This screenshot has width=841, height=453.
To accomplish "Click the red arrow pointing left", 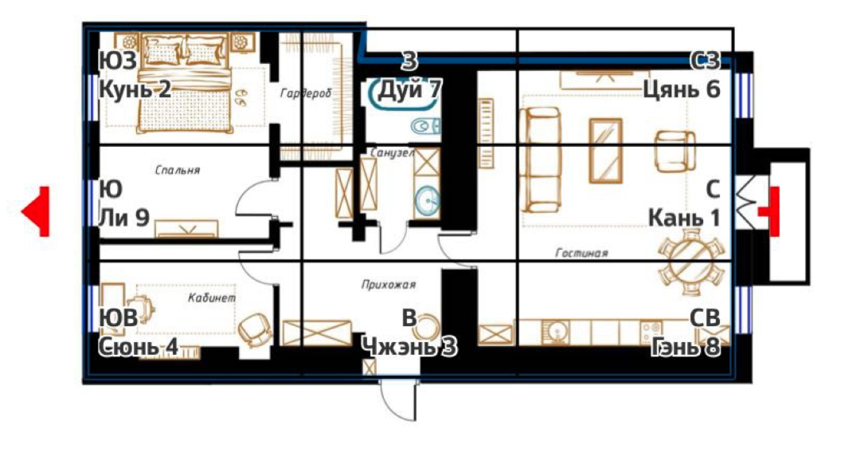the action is [37, 211].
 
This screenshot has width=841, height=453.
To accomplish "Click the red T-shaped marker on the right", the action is [771, 211].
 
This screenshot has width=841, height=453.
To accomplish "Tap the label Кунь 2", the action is [135, 89].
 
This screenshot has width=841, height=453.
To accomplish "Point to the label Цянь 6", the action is [682, 89].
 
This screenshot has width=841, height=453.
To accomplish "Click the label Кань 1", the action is [684, 218].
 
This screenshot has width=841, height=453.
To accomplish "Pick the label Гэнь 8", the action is [686, 347].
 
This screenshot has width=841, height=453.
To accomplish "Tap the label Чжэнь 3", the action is [409, 347].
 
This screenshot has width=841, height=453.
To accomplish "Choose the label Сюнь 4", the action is [138, 347].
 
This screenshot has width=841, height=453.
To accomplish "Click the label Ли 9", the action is [124, 218].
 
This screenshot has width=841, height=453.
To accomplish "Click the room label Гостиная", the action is [582, 253].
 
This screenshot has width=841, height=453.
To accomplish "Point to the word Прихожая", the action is [389, 284].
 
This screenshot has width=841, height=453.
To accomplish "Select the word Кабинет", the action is [211, 297].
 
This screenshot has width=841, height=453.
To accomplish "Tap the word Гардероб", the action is [306, 94].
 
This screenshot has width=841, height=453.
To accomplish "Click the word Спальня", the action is [178, 171].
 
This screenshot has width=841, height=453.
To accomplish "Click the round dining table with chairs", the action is [691, 262].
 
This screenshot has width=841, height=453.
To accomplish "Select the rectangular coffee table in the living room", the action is [606, 151].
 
